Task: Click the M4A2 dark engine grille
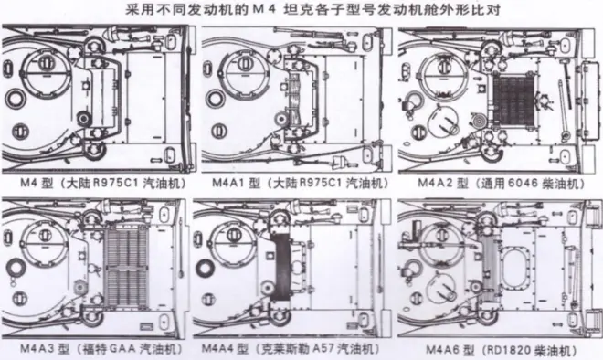pos(514,101)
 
